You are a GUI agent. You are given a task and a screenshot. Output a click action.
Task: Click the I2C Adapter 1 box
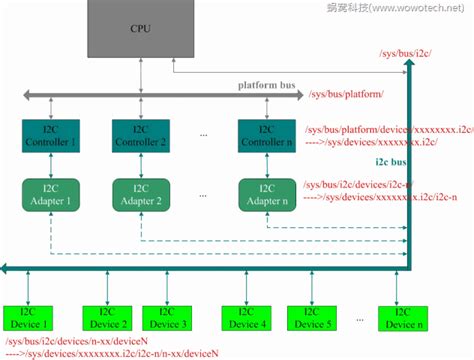click(x=50, y=194)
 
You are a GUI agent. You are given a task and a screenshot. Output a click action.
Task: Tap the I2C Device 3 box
click(x=171, y=317)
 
